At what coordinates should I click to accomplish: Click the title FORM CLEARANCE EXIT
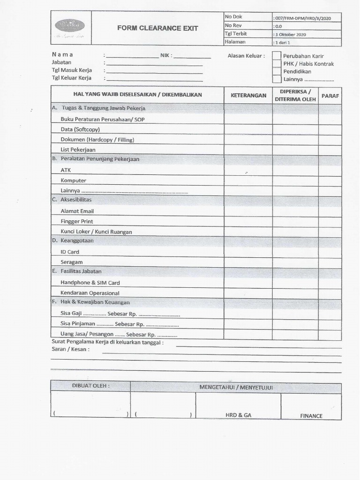[157, 28]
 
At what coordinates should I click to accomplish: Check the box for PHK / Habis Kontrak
[277, 64]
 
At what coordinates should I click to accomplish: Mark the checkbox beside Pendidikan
[277, 71]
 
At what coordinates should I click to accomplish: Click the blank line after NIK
[192, 56]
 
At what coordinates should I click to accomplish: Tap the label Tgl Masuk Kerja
[72, 70]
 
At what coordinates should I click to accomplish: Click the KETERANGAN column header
[248, 95]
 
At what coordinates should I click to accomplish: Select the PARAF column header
[330, 96]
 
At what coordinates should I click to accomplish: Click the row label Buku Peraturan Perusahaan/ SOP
[103, 119]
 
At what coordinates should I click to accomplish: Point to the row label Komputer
[73, 180]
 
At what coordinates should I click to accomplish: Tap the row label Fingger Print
[77, 221]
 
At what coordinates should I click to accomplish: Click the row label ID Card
[70, 252]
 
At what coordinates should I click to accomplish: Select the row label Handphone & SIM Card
[90, 283]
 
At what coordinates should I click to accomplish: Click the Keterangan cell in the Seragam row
[248, 262]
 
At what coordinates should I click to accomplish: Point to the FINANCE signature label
[311, 416]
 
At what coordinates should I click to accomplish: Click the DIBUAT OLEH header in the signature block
[90, 386]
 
